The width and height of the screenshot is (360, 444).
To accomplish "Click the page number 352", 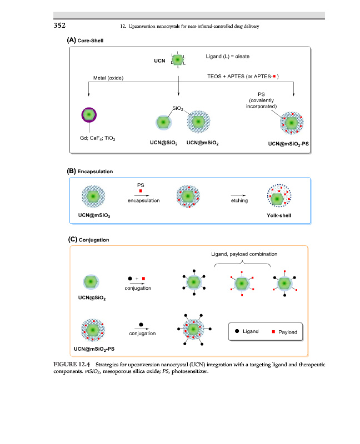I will (x=60, y=25).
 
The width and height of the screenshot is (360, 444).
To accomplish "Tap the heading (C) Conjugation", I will (x=88, y=240).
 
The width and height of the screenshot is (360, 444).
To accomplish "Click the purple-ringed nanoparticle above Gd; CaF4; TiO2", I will (x=89, y=115).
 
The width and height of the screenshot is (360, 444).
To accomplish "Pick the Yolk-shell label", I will (x=280, y=215).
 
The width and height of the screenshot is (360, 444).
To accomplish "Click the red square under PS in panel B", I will (x=141, y=191).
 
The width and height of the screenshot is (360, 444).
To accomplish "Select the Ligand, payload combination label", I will (x=244, y=254).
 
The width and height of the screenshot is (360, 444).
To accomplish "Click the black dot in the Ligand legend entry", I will (x=236, y=331).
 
